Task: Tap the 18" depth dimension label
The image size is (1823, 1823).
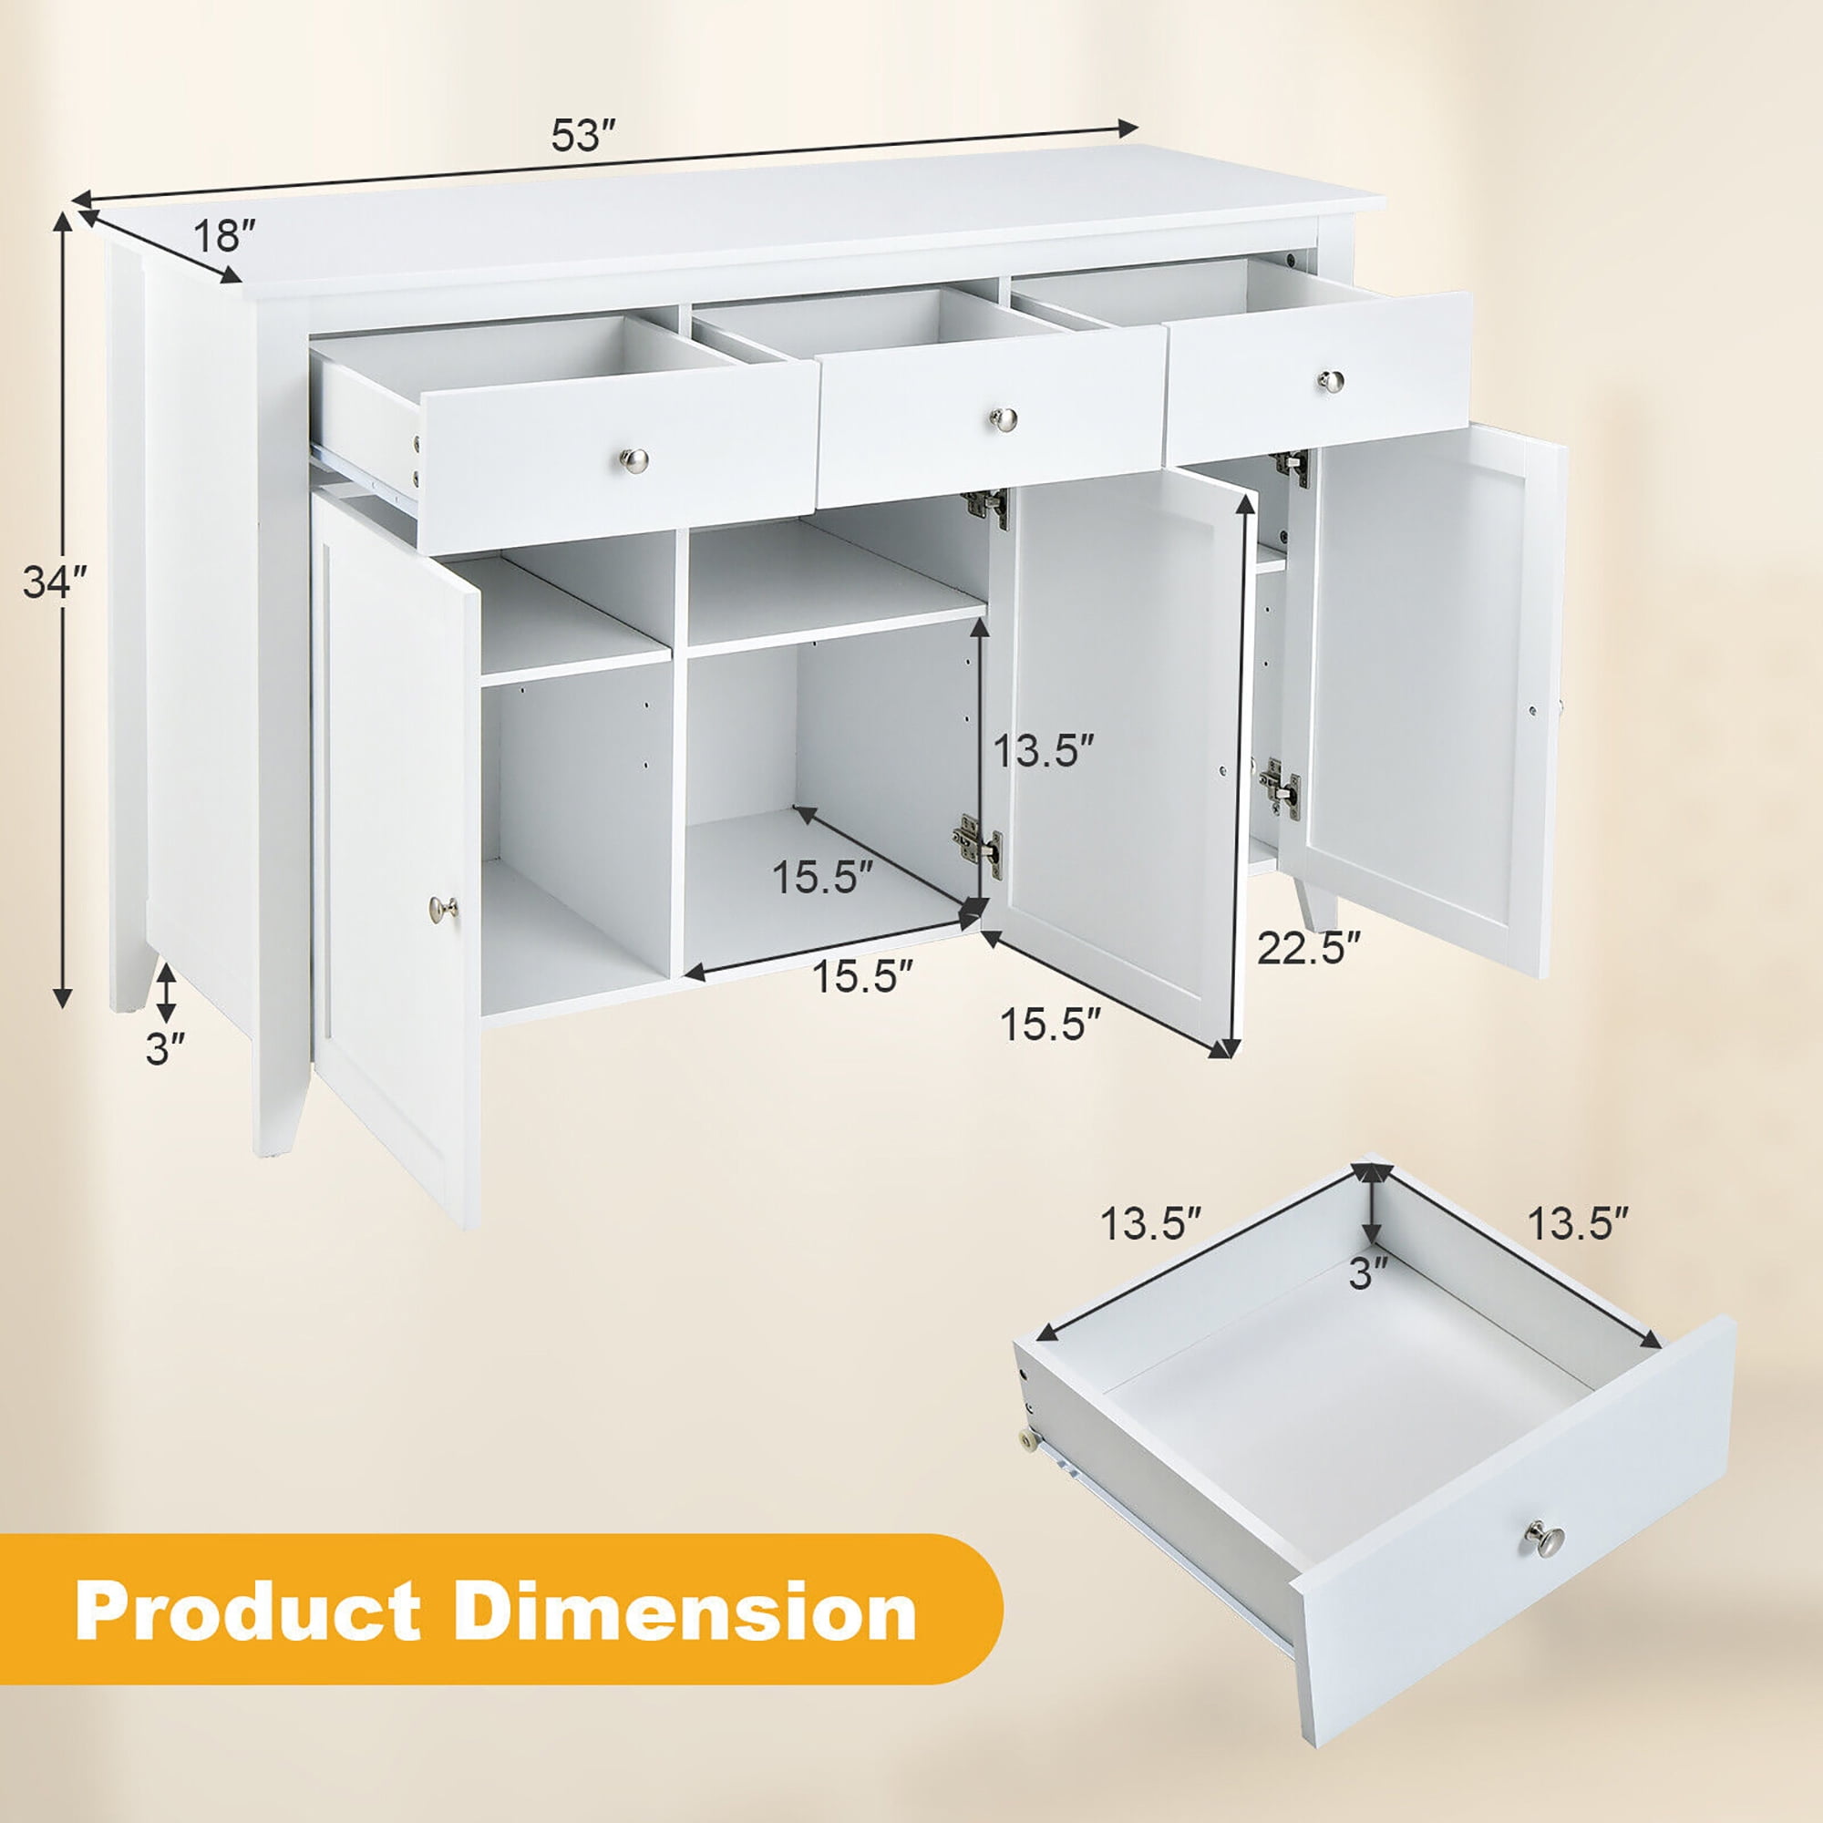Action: [x=223, y=235]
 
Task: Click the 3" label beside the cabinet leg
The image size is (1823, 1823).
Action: [x=165, y=1049]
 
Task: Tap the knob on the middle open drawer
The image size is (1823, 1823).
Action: [x=1004, y=418]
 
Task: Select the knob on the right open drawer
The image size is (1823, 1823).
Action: [x=1332, y=380]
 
